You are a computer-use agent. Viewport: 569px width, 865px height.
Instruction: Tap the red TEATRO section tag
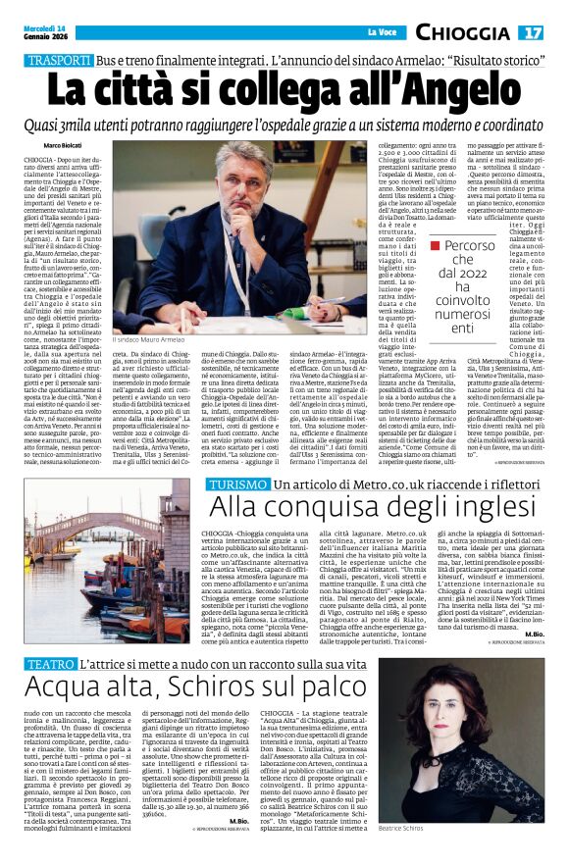(49, 636)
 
